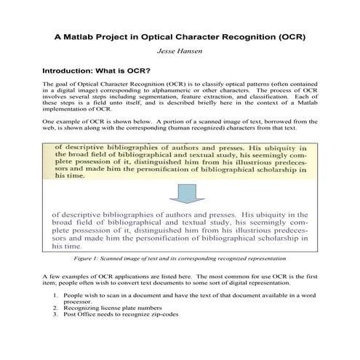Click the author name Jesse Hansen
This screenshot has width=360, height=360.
click(180, 52)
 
